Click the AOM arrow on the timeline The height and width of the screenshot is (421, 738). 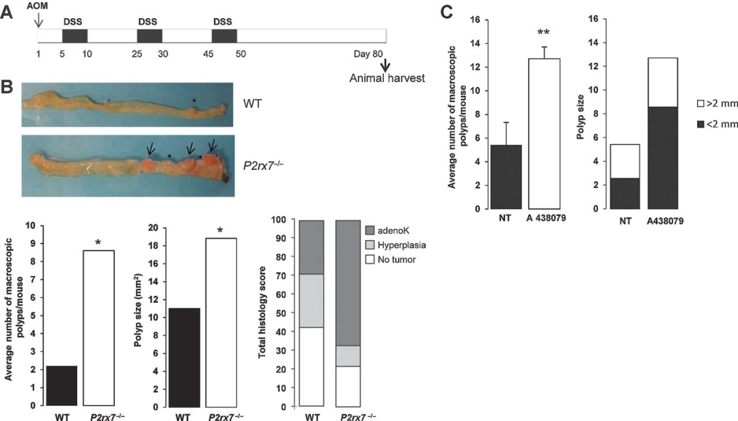[39, 20]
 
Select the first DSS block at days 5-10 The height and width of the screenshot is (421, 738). [76, 37]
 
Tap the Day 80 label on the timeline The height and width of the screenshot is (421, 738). [373, 54]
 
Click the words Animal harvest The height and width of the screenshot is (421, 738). [387, 78]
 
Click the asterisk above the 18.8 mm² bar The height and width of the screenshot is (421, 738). [220, 230]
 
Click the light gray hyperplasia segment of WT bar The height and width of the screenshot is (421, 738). [311, 301]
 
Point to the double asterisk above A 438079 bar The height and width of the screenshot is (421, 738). [545, 33]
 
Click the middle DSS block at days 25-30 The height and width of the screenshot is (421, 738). [150, 37]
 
